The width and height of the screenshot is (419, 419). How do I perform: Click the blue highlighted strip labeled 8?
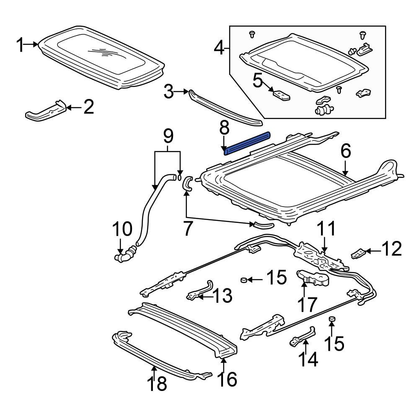click(247, 143)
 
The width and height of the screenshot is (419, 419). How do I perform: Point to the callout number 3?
click(168, 92)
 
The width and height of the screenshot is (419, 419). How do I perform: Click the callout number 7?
click(187, 228)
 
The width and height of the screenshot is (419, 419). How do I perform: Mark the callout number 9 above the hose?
click(168, 136)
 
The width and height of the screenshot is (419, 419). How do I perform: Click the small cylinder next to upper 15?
click(243, 279)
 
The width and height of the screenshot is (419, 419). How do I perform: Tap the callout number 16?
click(227, 379)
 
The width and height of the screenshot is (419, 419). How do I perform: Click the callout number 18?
click(155, 383)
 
